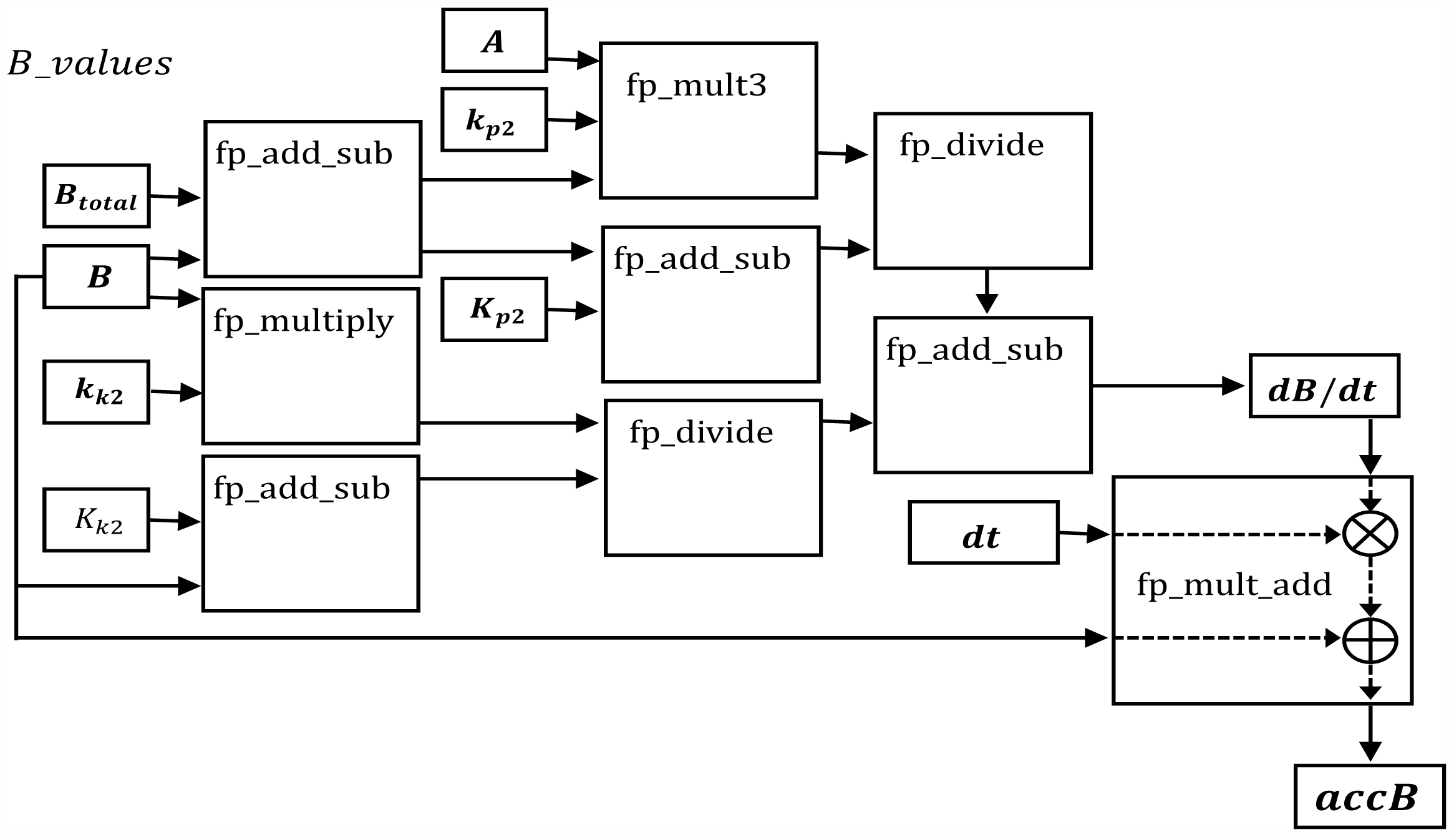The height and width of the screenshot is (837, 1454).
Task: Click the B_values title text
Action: click(x=90, y=64)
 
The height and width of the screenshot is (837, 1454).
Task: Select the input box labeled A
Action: click(x=494, y=41)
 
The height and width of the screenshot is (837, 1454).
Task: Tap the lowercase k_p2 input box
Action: click(x=494, y=120)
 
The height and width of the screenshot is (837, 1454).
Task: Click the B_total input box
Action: click(x=97, y=196)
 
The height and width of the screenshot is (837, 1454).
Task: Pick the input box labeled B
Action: click(x=97, y=277)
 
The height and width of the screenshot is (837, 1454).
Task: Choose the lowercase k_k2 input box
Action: click(x=97, y=392)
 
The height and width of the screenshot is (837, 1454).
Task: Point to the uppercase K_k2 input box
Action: click(x=97, y=520)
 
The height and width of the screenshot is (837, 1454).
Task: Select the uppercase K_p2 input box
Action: click(x=494, y=310)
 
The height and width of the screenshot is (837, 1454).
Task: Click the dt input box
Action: click(x=984, y=532)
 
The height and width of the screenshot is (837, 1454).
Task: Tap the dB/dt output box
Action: click(x=1324, y=386)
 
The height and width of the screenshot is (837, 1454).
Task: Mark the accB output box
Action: click(x=1369, y=796)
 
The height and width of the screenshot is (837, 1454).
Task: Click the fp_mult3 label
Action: click(x=696, y=86)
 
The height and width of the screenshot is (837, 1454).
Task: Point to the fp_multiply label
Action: click(x=304, y=321)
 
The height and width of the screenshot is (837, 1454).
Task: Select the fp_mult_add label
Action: click(x=1234, y=585)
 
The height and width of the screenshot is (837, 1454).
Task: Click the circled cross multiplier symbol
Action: click(x=1370, y=534)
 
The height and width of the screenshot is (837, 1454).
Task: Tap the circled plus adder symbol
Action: click(x=1370, y=641)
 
